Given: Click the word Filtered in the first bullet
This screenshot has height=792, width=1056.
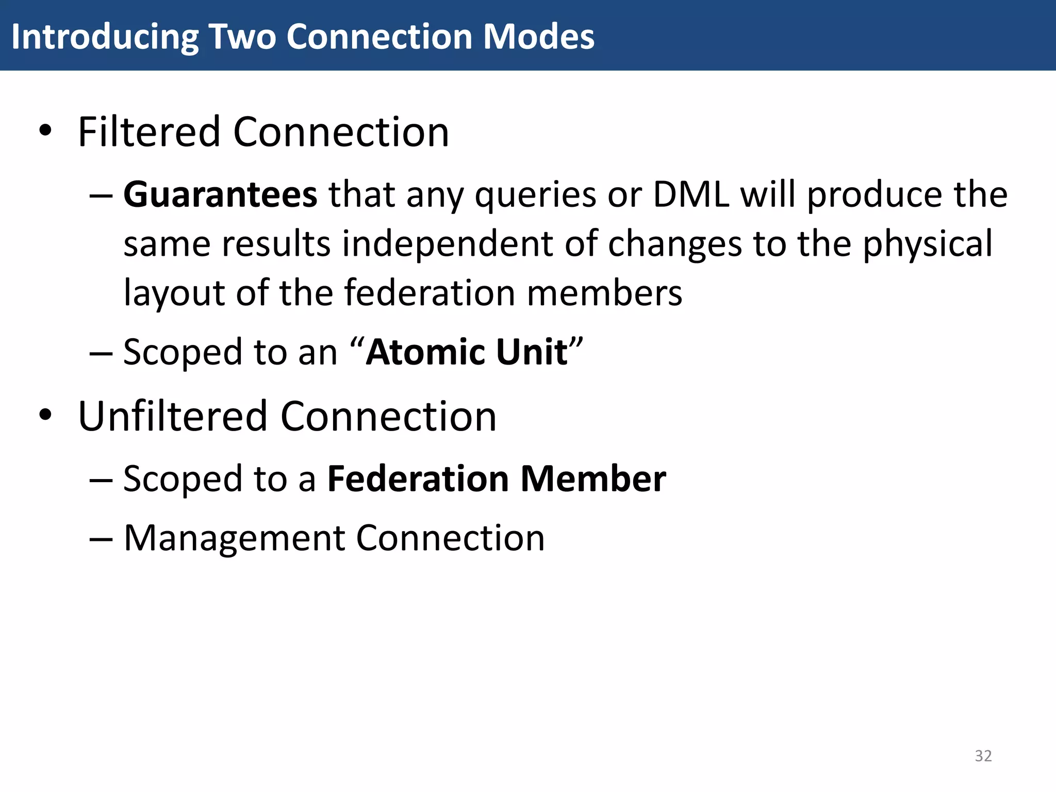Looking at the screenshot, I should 149,132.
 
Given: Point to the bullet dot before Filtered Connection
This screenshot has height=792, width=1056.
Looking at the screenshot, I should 45,131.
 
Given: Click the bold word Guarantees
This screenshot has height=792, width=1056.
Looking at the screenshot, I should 220,195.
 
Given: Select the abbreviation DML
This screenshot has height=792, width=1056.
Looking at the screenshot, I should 691,195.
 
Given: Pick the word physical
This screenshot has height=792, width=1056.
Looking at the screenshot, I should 927,244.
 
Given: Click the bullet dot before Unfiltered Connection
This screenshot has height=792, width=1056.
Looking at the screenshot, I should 45,415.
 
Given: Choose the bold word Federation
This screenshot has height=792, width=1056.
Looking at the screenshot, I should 418,478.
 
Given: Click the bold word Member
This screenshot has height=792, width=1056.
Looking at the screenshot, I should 593,478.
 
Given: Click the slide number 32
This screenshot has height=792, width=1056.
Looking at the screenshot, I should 983,755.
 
